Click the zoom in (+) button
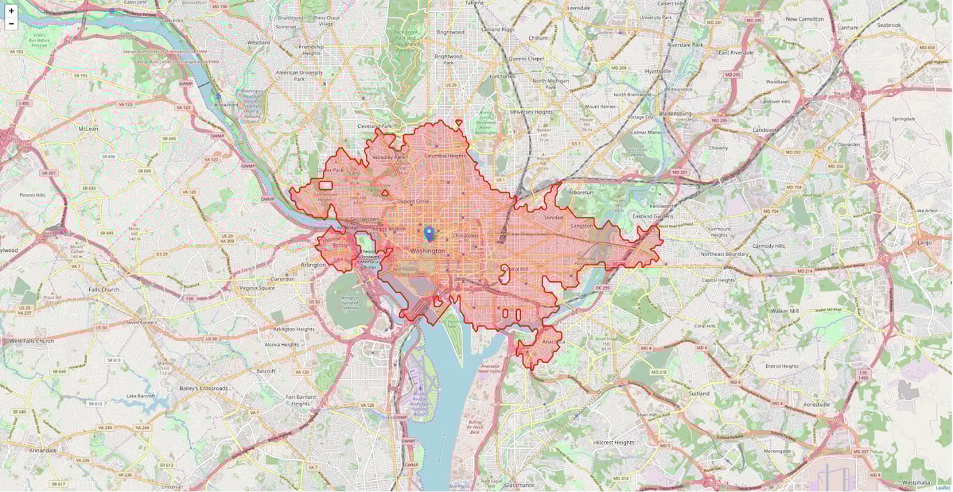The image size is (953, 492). [11, 10]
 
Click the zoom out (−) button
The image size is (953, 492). [11, 24]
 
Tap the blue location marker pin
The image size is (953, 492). [429, 233]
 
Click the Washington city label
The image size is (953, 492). [427, 251]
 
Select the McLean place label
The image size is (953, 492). [89, 128]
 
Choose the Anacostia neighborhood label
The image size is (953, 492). [553, 342]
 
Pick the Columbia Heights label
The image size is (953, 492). [444, 156]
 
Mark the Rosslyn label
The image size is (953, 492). [342, 245]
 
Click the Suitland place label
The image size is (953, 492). [699, 394]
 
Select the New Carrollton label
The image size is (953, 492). [804, 19]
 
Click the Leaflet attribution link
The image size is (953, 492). [943, 488]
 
